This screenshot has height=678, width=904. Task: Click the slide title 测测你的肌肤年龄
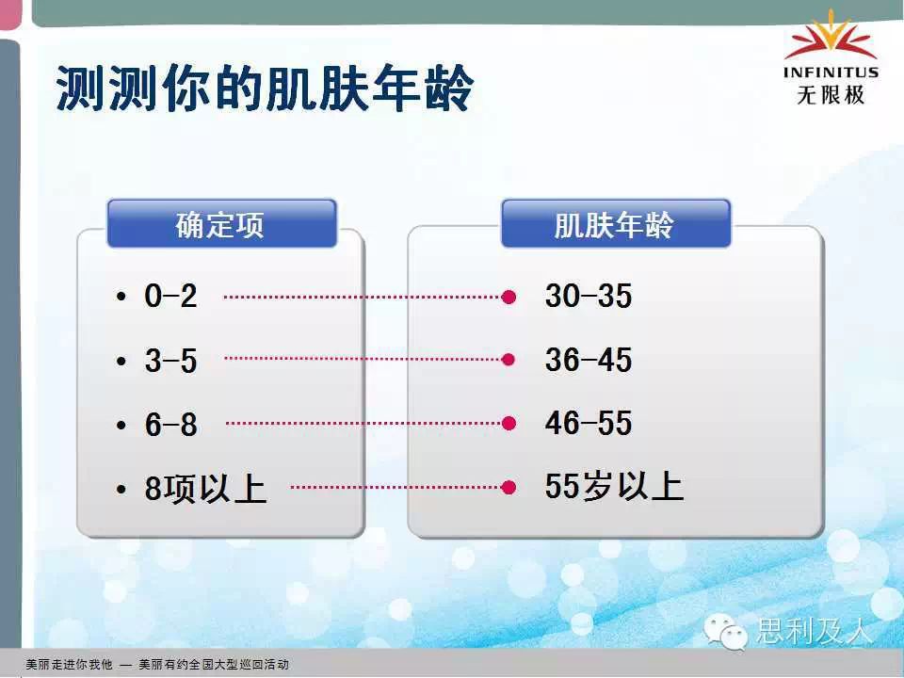tap(265, 88)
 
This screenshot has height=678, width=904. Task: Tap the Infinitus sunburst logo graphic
tap(831, 36)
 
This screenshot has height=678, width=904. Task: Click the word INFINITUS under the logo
tap(831, 73)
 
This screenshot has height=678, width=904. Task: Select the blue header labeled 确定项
tap(221, 224)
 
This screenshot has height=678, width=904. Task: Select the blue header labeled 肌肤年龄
tap(616, 224)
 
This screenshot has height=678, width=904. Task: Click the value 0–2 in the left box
tap(170, 296)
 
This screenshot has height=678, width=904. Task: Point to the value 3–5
tap(170, 361)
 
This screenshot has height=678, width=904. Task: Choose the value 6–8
tap(170, 425)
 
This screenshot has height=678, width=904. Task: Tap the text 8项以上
tap(205, 489)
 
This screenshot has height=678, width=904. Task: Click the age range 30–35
tap(588, 296)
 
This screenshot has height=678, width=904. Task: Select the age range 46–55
tap(588, 423)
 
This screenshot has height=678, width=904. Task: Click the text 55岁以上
tap(614, 486)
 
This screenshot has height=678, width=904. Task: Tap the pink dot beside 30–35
tap(508, 297)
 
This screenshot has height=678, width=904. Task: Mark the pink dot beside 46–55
tap(508, 424)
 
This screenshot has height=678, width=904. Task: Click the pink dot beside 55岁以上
tap(508, 487)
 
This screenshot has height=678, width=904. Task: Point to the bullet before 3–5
tap(121, 362)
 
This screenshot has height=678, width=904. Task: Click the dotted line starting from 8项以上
tap(396, 487)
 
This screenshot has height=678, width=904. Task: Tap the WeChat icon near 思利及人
tap(725, 631)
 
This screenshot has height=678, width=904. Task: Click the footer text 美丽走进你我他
tap(69, 664)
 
